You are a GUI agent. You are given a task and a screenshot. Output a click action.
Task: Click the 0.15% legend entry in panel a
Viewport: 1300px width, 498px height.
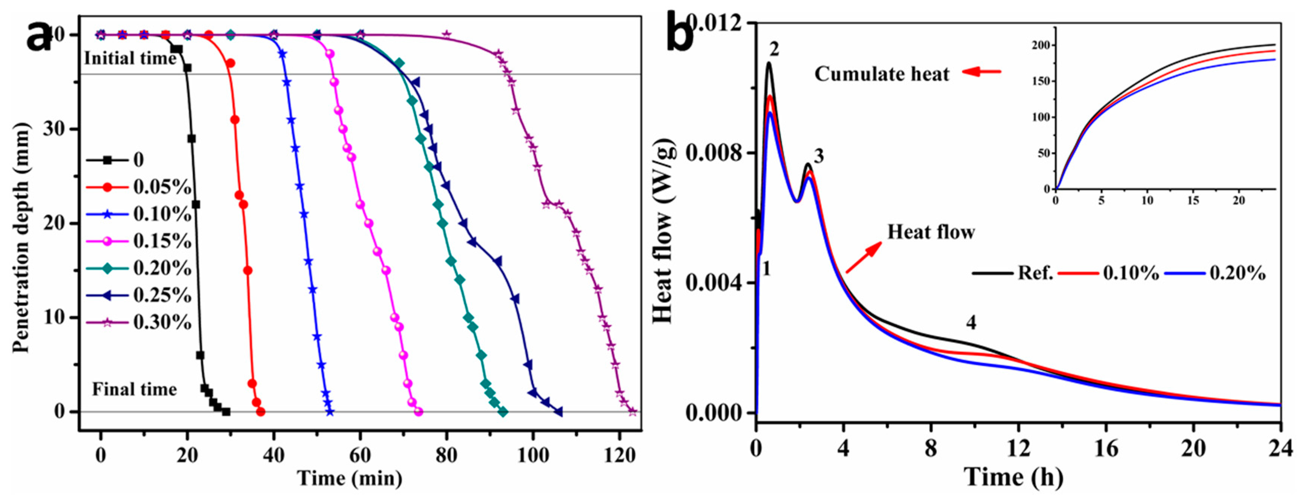pos(162,241)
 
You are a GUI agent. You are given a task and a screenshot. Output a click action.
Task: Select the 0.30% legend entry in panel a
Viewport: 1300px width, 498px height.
pos(162,322)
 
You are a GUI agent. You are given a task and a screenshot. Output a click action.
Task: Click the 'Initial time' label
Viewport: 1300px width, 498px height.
pos(130,59)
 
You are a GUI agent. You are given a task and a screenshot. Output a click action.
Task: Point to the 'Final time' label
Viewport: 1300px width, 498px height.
pos(134,390)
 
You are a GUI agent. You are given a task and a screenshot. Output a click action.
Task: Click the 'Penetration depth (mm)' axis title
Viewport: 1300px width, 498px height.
pos(21,238)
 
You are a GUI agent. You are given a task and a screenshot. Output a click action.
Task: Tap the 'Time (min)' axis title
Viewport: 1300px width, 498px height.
pos(350,478)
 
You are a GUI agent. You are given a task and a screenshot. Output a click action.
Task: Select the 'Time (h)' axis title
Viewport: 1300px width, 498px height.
pos(1014,477)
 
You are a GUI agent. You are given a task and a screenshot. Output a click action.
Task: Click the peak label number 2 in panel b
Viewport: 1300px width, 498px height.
pos(774,49)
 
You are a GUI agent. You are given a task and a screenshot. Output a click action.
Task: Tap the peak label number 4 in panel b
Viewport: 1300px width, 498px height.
pos(970,322)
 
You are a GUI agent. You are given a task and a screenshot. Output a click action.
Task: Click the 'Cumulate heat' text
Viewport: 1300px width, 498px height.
pos(882,74)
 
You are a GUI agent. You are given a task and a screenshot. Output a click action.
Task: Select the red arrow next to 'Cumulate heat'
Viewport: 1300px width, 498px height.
pos(982,72)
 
